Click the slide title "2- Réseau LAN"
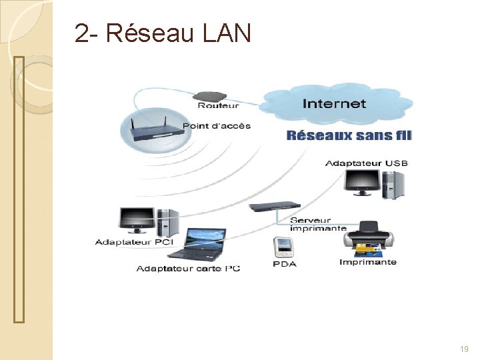coord(163,33)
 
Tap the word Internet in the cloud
coord(334,103)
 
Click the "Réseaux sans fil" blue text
coord(349,135)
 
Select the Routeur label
coord(219,105)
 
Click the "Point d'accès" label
coord(216,126)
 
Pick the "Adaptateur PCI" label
coord(134,242)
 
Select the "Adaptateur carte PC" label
coord(188,269)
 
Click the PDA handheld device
coord(284,247)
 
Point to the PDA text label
coord(285,264)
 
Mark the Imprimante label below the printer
coord(367,262)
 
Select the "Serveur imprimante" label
coord(318,224)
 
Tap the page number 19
coord(464,349)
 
